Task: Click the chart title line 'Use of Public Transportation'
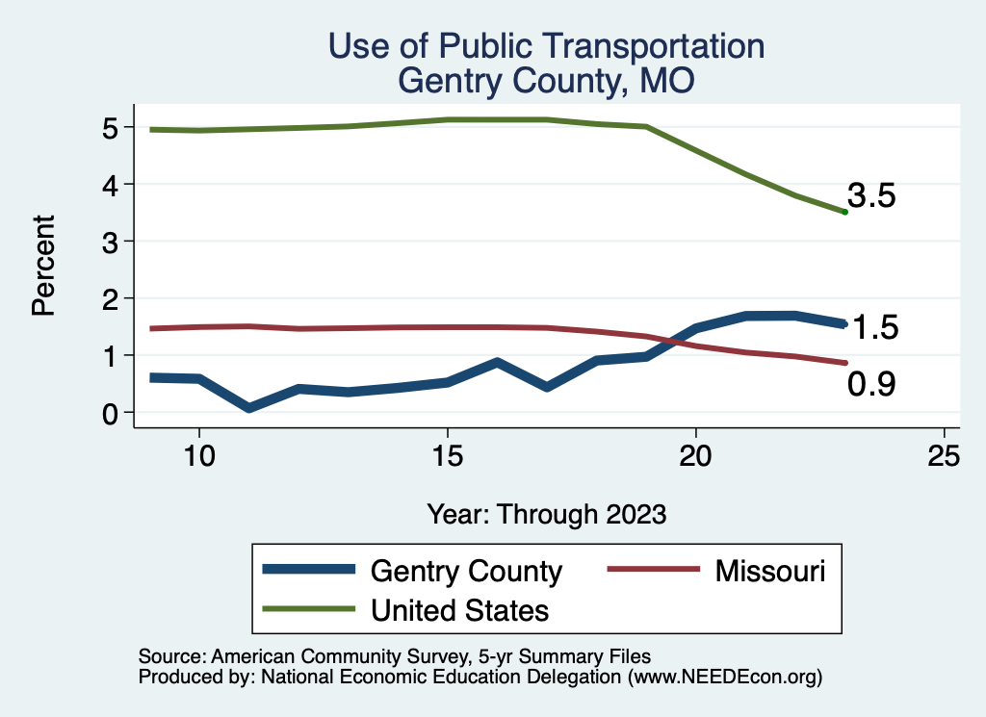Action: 546,46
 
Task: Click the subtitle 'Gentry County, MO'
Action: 546,80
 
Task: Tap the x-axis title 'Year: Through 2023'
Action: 546,514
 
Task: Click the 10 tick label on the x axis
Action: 198,456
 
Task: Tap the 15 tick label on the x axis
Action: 447,456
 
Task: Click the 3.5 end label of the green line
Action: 872,197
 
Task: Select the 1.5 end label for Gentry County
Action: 875,328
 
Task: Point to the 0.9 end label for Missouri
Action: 871,385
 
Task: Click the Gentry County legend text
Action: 466,571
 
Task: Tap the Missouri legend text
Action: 770,571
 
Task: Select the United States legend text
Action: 459,609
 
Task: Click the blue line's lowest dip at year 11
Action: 248,408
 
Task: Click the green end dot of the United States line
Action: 844,212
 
